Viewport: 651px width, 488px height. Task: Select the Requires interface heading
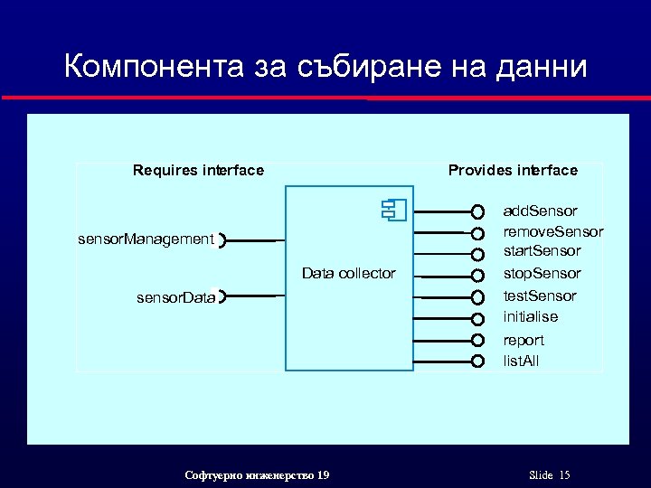[198, 170]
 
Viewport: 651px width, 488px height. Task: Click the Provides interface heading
[513, 170]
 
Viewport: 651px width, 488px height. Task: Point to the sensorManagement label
[146, 239]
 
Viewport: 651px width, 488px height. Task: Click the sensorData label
[175, 296]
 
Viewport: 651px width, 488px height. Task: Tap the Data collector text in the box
[348, 273]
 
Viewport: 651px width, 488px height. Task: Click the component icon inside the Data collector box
[394, 211]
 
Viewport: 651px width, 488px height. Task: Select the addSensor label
[540, 211]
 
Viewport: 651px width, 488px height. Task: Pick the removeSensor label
[552, 231]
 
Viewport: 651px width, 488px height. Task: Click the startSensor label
[542, 250]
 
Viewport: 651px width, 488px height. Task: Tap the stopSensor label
[542, 273]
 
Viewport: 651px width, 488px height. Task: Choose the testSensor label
[540, 296]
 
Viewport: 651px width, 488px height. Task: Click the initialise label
[530, 316]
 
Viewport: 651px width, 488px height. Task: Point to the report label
[524, 340]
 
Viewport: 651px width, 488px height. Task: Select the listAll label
[522, 361]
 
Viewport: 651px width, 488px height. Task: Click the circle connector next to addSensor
[477, 212]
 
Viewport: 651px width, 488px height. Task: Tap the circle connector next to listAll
[477, 361]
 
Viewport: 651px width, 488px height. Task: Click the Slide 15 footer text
[549, 475]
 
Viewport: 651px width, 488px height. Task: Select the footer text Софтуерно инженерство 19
[257, 475]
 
